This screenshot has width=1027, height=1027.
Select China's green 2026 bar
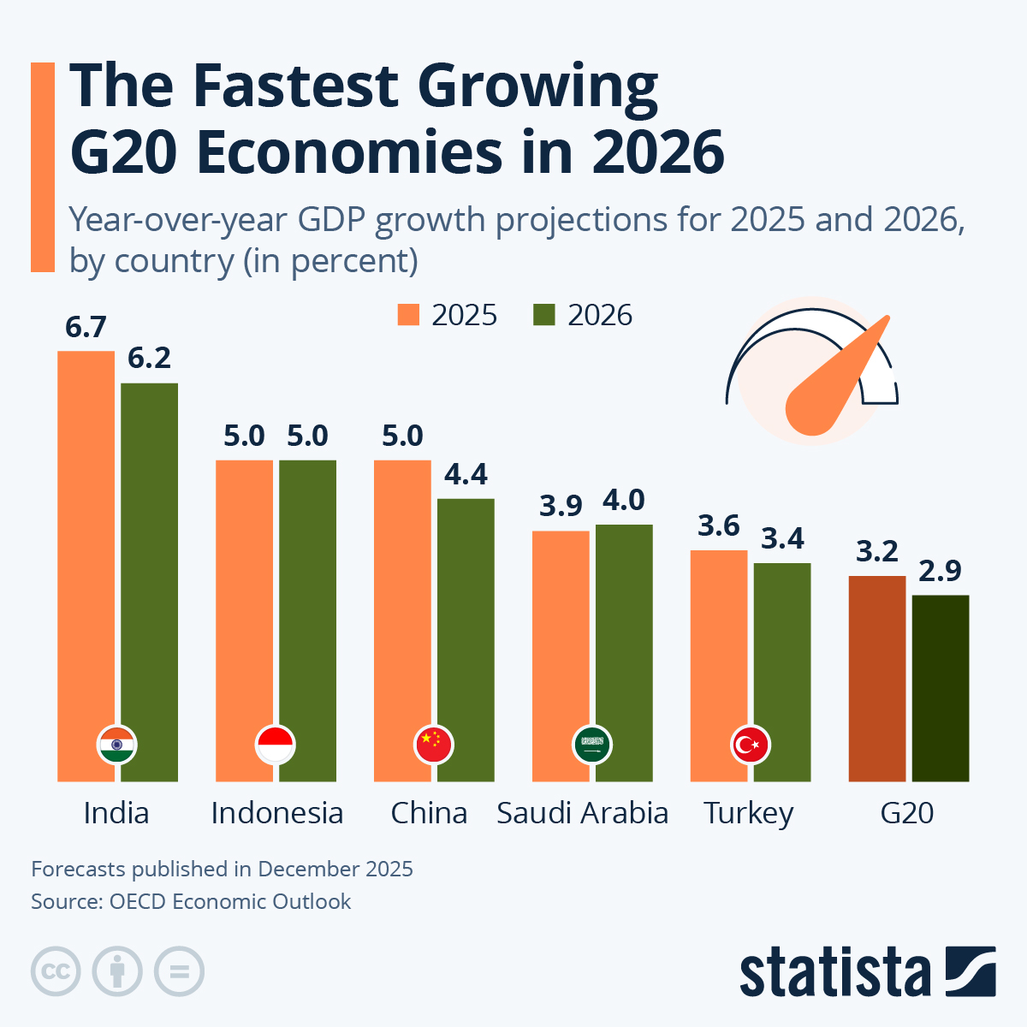(x=466, y=633)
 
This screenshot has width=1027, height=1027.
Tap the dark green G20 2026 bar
(x=941, y=685)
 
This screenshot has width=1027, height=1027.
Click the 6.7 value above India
(x=86, y=327)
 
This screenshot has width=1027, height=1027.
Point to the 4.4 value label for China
(x=466, y=474)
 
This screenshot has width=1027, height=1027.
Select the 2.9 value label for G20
(x=941, y=571)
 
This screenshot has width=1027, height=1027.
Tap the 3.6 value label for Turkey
(x=718, y=525)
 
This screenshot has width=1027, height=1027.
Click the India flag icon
(x=117, y=745)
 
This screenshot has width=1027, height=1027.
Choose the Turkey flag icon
(x=751, y=745)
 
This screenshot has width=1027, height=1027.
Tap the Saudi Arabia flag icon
(x=592, y=745)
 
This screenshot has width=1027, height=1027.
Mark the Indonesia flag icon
(x=276, y=745)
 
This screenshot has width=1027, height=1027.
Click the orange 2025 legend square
(x=409, y=315)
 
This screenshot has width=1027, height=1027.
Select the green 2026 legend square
(x=544, y=315)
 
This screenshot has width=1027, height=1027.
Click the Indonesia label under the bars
(x=276, y=813)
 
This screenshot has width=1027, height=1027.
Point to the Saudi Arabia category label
(x=582, y=813)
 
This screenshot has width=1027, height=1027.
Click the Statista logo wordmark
(x=834, y=972)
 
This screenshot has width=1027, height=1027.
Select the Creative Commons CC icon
(x=56, y=972)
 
